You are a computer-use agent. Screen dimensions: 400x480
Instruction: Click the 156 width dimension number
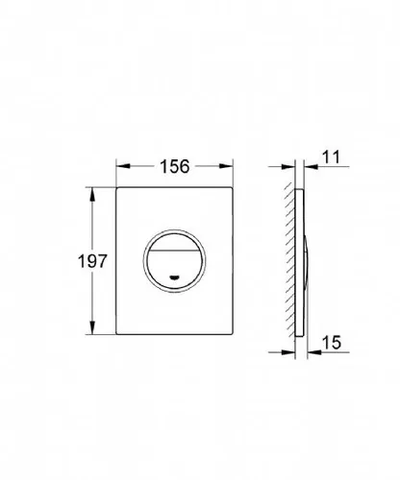pyautogui.click(x=175, y=166)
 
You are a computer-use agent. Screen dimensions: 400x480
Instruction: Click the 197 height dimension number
pyautogui.click(x=92, y=261)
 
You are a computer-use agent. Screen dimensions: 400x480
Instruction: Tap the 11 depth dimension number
pyautogui.click(x=331, y=157)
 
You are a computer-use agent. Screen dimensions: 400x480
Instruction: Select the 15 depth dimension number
pyautogui.click(x=332, y=343)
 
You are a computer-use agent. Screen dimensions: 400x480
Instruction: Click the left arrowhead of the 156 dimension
pyautogui.click(x=123, y=166)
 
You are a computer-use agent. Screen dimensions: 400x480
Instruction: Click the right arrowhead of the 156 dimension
pyautogui.click(x=226, y=166)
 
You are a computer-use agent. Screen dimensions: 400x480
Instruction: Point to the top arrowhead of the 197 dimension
pyautogui.click(x=92, y=194)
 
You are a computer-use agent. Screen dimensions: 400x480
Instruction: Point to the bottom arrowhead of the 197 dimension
pyautogui.click(x=92, y=327)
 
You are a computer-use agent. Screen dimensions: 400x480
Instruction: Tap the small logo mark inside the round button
pyautogui.click(x=175, y=277)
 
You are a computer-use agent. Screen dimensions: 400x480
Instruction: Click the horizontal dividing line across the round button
pyautogui.click(x=175, y=250)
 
